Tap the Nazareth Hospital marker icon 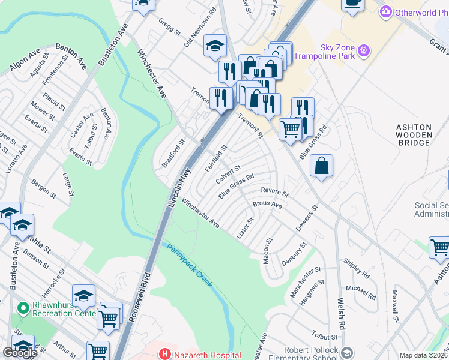coord(164,355)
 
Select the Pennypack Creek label coord(189,265)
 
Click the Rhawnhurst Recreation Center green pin coord(24,309)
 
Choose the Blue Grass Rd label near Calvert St coord(237,186)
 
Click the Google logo coord(20,353)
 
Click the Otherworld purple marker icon coord(386,12)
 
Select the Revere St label coord(275,192)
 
